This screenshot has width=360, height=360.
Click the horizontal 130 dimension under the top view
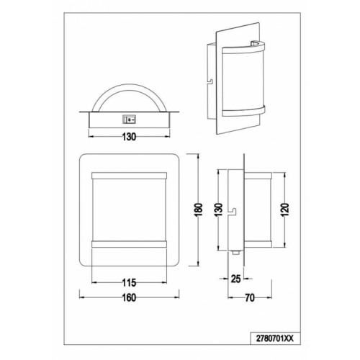point(129,137)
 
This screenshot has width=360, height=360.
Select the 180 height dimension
point(199,210)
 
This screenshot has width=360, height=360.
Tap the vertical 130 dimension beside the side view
point(218,210)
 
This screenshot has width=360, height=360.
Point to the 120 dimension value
point(284,210)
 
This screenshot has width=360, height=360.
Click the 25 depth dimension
point(235,279)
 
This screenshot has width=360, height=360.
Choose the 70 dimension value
point(250,298)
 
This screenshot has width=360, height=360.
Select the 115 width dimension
point(129,283)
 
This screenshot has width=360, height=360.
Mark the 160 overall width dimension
point(129,297)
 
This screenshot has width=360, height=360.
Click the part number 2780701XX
point(275,338)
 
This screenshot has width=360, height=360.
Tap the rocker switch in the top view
point(130,119)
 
